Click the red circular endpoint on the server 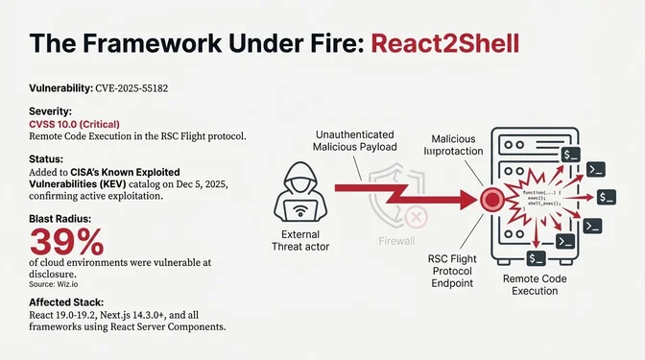492,200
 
